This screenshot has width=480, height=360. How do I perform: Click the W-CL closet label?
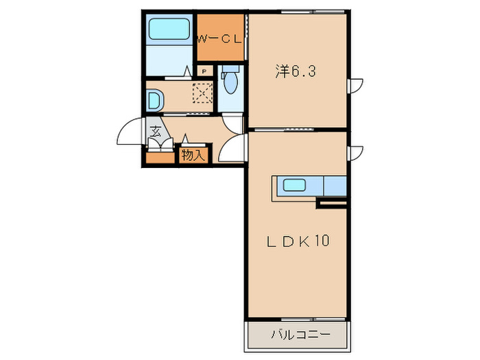coord(219,39)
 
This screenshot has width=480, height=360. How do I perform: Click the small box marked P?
coord(204,71)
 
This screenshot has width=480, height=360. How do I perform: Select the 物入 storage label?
coord(193,155)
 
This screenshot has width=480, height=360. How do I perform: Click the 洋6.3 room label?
coord(287,71)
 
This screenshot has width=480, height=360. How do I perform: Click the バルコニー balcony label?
coord(300,335)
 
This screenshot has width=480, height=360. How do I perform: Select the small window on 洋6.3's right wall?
coord(356,86)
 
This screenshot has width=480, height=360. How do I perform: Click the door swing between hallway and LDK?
coord(235,146)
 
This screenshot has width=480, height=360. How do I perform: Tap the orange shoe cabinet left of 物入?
coord(161,157)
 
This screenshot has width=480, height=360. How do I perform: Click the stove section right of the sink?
coord(335,185)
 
